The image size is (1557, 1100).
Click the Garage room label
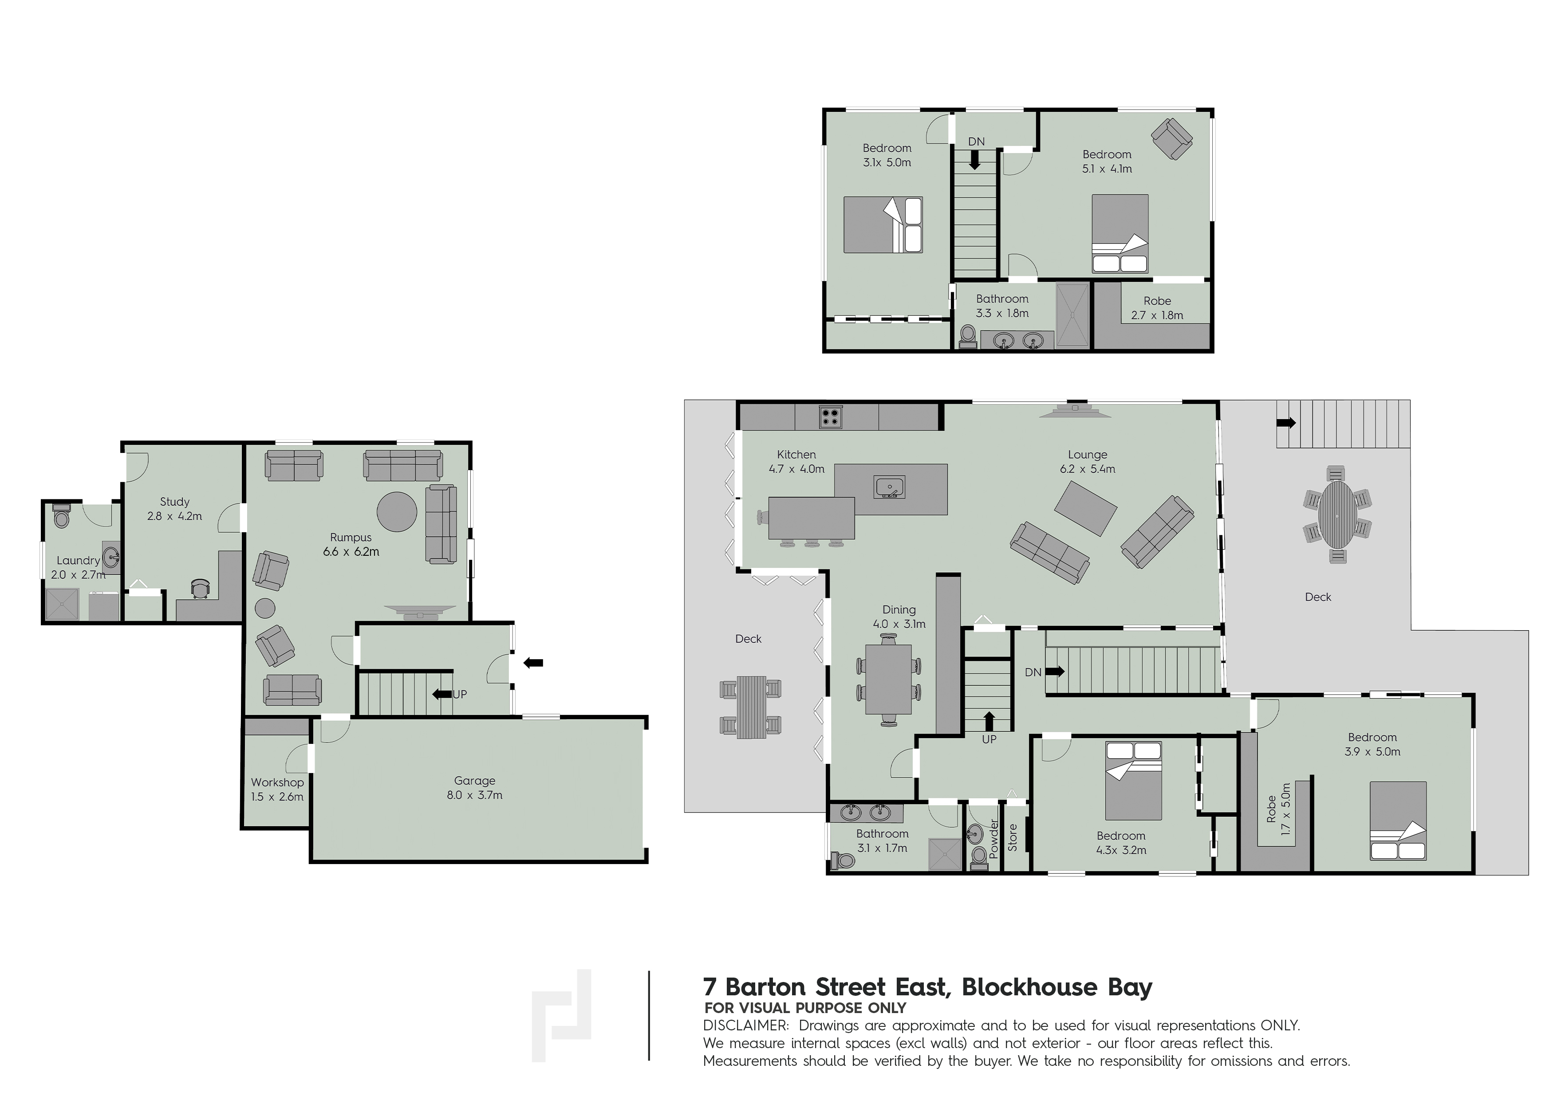coord(475,781)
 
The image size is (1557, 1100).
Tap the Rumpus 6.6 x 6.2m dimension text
coord(351,552)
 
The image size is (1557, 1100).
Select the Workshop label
coord(277,782)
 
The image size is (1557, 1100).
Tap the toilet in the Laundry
coord(61,516)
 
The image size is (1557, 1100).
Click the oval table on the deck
coord(1336,515)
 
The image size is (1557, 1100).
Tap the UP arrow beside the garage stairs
coord(442,694)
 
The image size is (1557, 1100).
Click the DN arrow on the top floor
coord(975,160)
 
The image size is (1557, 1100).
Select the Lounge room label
coord(1087,455)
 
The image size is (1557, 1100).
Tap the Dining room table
coord(888,679)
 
